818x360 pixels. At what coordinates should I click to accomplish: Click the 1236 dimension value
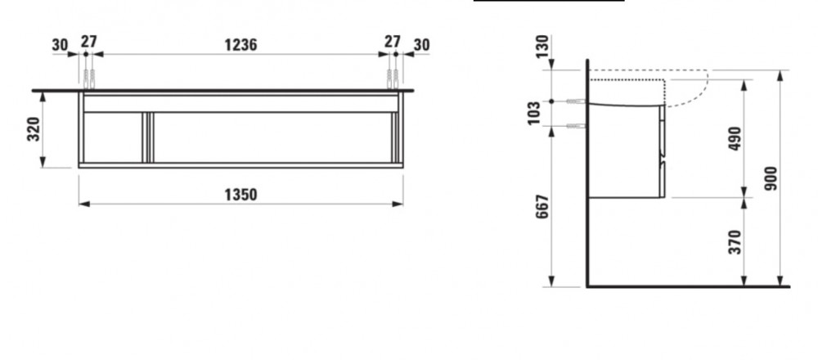pos(240,45)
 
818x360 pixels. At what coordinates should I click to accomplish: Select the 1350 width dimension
pos(240,195)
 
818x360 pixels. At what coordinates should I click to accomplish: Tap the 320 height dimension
pos(33,129)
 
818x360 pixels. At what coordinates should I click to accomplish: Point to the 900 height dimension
pos(771,178)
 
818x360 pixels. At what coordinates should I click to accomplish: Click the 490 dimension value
pos(735,139)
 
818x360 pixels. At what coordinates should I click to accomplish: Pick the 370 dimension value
pos(735,242)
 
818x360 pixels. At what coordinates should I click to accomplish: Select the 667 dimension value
pos(543,207)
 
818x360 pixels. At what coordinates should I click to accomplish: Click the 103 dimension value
pos(533,113)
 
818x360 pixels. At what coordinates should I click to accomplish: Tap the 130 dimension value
pos(543,47)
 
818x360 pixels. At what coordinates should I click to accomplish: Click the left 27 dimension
pos(89,41)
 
